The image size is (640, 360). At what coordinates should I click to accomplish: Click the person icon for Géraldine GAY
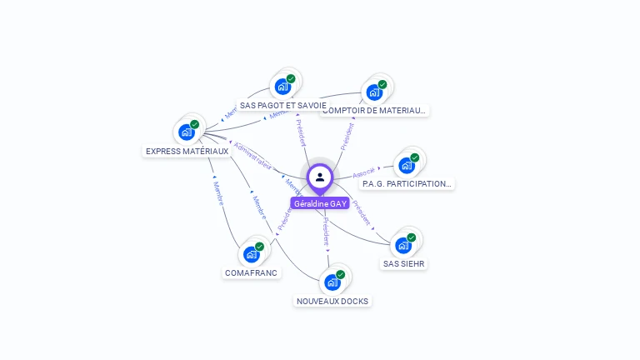(x=320, y=177)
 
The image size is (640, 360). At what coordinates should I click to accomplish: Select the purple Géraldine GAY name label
(x=320, y=203)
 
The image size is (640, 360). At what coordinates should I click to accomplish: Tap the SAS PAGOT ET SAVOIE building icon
(x=282, y=86)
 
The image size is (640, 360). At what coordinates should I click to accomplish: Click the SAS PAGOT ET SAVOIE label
(x=282, y=106)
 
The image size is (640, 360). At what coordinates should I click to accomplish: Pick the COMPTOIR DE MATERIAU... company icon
(x=374, y=92)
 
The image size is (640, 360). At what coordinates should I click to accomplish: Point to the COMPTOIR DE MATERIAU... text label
(x=375, y=110)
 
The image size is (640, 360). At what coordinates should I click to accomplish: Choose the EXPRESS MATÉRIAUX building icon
(x=186, y=132)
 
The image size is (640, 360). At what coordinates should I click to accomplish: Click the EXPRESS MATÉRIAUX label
(x=187, y=152)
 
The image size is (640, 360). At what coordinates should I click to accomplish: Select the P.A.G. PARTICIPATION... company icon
(x=406, y=164)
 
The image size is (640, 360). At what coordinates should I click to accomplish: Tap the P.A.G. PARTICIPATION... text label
(x=407, y=183)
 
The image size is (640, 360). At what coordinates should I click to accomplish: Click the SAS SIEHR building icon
(x=403, y=245)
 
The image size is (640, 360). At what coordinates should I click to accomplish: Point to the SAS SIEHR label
(x=404, y=264)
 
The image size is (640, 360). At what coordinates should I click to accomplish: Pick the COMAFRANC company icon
(x=252, y=253)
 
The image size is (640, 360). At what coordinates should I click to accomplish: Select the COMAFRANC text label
(x=252, y=272)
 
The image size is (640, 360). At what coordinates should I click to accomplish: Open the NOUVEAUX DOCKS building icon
(x=332, y=282)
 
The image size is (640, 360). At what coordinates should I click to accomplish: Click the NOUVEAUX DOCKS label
(x=332, y=301)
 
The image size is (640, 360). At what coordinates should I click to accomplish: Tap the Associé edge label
(x=363, y=173)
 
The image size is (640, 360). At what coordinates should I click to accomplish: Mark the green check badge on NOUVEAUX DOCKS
(x=340, y=274)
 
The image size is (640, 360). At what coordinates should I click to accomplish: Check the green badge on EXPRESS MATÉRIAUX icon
(x=194, y=124)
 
